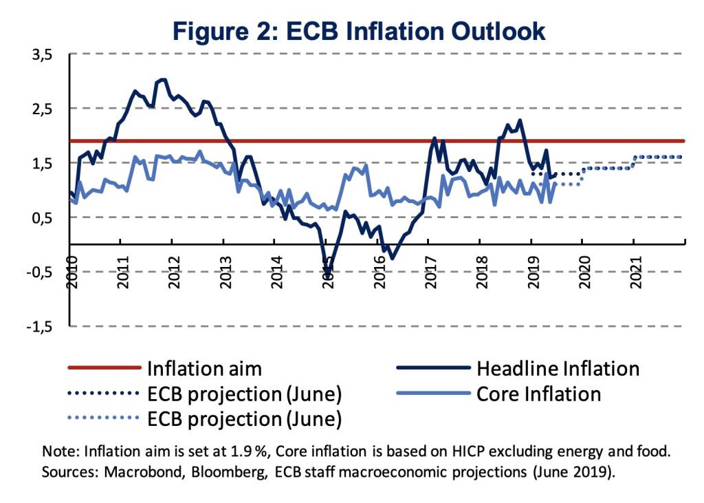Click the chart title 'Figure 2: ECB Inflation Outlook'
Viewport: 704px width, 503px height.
point(359,32)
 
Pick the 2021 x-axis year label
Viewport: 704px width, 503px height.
point(635,266)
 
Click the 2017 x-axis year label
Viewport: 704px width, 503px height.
point(430,266)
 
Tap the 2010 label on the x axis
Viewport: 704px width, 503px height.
point(71,266)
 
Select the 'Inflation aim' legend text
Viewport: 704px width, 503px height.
point(204,369)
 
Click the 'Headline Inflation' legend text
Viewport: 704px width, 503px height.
point(558,369)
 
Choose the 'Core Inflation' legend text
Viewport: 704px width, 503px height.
point(539,394)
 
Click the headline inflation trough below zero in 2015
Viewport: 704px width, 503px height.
point(328,270)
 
